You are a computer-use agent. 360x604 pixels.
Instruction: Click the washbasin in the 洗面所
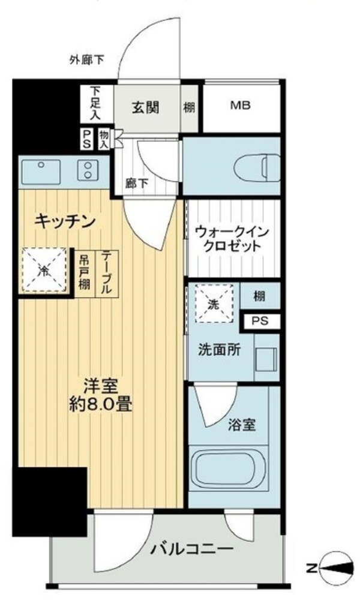point(265,358)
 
